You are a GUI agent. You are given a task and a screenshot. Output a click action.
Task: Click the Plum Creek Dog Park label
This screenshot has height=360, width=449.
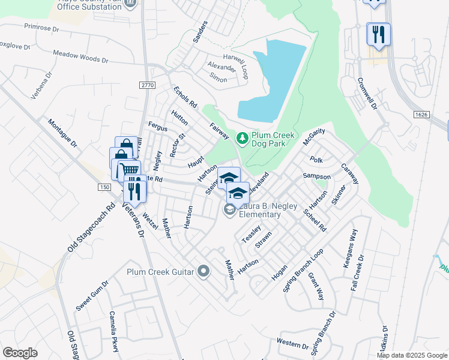click(273, 140)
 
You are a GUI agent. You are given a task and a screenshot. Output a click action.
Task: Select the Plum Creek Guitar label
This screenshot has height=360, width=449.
click(160, 272)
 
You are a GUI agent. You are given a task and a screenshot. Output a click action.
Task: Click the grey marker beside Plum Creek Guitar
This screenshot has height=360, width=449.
click(203, 272)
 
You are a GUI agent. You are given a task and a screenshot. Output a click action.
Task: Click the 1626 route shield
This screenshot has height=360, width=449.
click(421, 114)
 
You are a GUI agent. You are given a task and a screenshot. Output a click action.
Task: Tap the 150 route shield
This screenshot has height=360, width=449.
click(104, 188)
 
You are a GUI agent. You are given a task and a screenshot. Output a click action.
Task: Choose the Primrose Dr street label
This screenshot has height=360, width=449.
click(42, 28)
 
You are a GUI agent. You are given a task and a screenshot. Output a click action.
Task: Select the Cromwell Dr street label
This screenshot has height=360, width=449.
click(366, 94)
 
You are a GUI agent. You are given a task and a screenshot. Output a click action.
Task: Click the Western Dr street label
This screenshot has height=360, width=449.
click(292, 344)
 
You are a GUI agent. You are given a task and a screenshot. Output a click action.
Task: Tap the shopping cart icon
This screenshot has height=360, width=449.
click(128, 170)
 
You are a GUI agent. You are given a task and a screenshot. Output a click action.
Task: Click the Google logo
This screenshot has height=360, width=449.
click(20, 353)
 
